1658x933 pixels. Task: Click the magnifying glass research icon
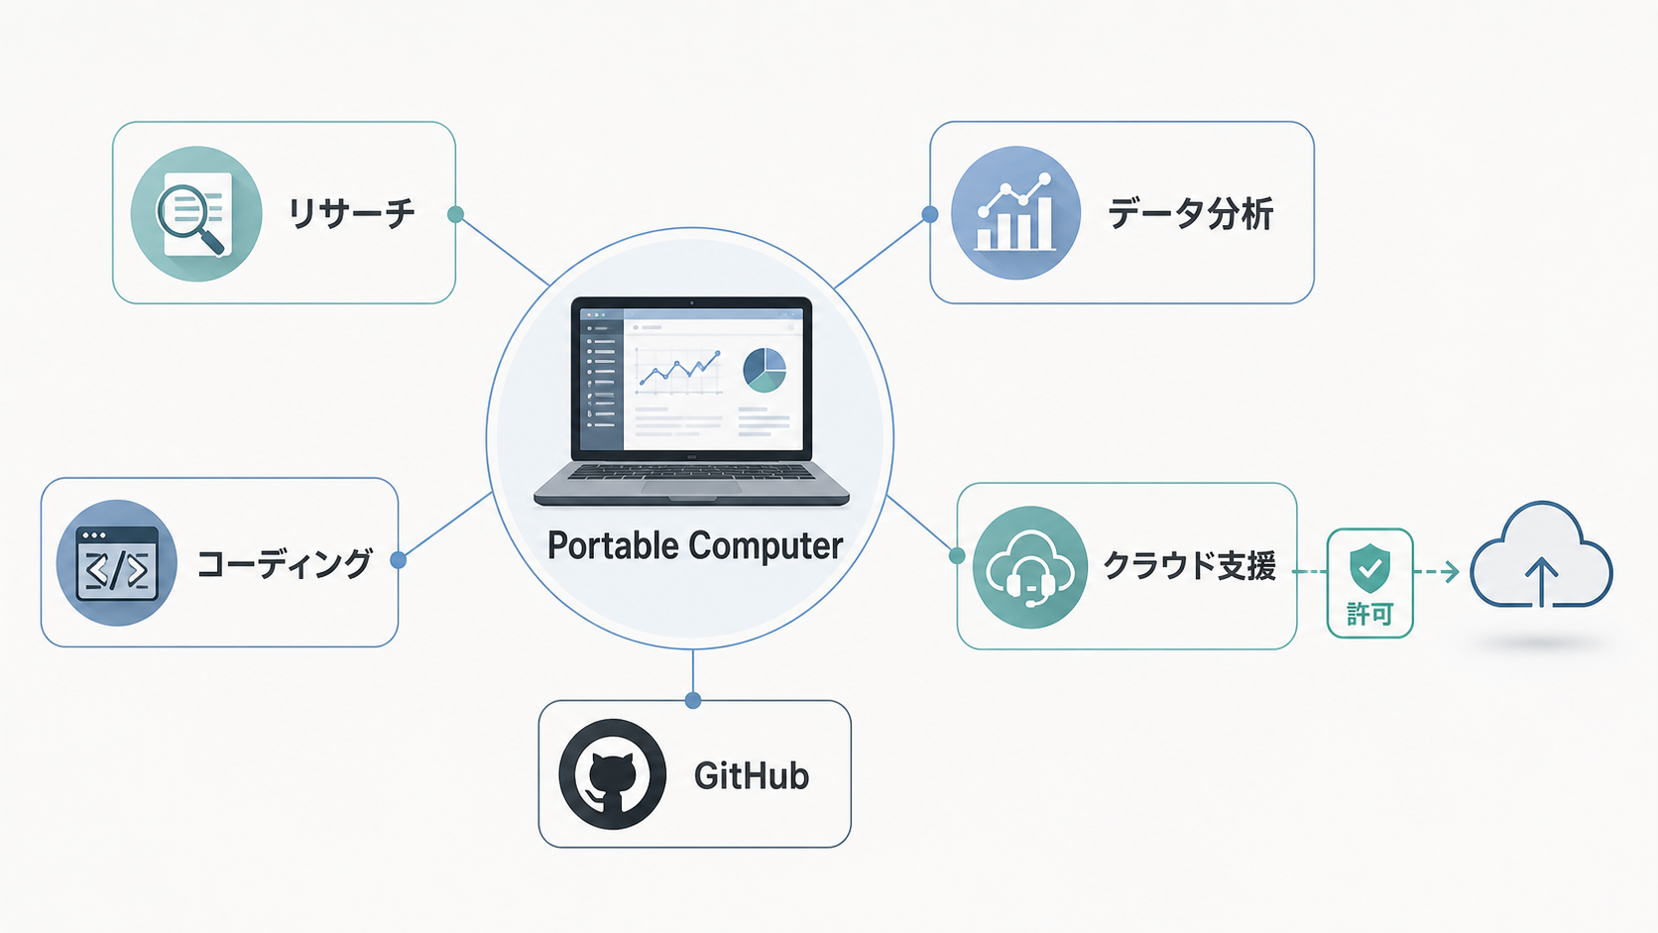point(195,214)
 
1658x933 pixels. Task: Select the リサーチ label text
point(352,214)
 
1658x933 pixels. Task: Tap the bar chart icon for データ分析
point(1015,213)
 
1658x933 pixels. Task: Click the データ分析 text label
point(1190,214)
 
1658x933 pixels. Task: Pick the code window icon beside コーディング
point(117,563)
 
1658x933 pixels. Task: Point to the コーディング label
point(285,564)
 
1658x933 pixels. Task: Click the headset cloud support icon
point(1029,567)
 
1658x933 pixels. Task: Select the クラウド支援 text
point(1190,567)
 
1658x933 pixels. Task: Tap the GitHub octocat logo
point(612,774)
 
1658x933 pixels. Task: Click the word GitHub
point(752,776)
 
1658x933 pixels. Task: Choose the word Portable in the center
point(613,546)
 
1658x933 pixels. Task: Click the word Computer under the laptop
point(767,546)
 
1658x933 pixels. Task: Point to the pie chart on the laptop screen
point(765,370)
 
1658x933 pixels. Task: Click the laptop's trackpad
point(691,487)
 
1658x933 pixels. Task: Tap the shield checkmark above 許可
point(1370,568)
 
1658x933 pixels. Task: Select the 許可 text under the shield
point(1370,614)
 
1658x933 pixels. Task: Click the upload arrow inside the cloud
point(1542,582)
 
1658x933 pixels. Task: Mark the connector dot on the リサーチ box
point(456,214)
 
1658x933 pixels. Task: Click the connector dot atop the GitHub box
point(693,700)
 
